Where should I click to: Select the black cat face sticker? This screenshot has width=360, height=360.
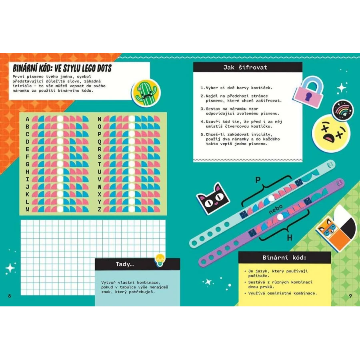pyautogui.click(x=213, y=198)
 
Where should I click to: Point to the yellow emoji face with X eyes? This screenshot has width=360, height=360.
pyautogui.click(x=331, y=133)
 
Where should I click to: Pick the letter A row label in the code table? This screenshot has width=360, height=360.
pyautogui.click(x=27, y=119)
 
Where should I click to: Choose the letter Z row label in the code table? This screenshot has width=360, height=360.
pyautogui.click(x=99, y=209)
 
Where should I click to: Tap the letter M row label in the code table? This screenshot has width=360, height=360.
pyautogui.click(x=27, y=209)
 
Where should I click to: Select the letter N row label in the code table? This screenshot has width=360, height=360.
pyautogui.click(x=99, y=119)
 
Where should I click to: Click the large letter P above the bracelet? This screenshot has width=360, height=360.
pyautogui.click(x=258, y=180)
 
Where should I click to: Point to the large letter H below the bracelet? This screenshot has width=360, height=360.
pyautogui.click(x=290, y=238)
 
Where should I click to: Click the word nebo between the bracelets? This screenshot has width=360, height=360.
pyautogui.click(x=276, y=209)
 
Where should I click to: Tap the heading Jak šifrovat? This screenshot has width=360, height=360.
pyautogui.click(x=245, y=67)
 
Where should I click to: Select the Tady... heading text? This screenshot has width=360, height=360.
pyautogui.click(x=125, y=264)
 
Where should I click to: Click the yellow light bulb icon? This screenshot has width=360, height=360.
pyautogui.click(x=159, y=260)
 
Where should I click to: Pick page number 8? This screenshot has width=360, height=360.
pyautogui.click(x=10, y=296)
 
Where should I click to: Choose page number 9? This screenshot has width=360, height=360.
pyautogui.click(x=350, y=296)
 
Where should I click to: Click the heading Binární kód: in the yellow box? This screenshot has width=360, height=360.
pyautogui.click(x=284, y=258)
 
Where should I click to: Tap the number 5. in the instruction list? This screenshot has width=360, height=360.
pyautogui.click(x=202, y=134)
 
